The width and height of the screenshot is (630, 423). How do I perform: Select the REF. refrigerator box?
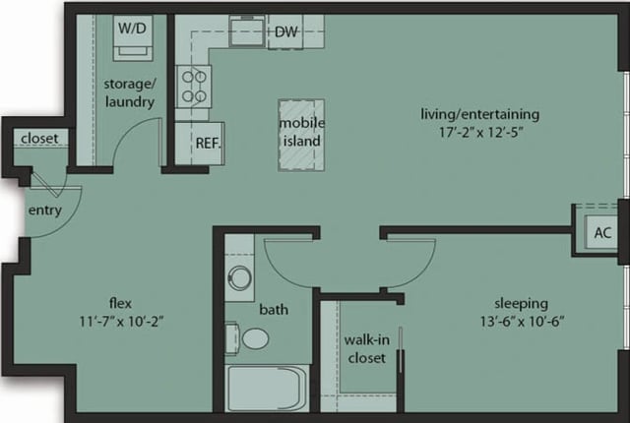(207, 143)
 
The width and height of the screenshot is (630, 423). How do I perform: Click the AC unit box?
(602, 233)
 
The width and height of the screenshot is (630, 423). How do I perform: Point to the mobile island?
(300, 133)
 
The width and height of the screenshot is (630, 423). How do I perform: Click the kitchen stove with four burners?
(193, 86)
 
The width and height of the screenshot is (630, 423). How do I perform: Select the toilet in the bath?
(254, 339)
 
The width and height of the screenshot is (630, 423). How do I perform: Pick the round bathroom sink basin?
(239, 277)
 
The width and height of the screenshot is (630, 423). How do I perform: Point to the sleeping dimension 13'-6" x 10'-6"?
(521, 321)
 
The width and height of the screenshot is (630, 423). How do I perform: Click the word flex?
(120, 302)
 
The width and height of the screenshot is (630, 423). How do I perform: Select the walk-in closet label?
(364, 349)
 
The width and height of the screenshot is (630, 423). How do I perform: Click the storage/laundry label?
(130, 92)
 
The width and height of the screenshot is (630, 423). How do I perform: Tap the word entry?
(45, 211)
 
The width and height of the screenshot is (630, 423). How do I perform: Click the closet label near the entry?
(38, 138)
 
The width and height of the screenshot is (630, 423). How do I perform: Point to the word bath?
(274, 309)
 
